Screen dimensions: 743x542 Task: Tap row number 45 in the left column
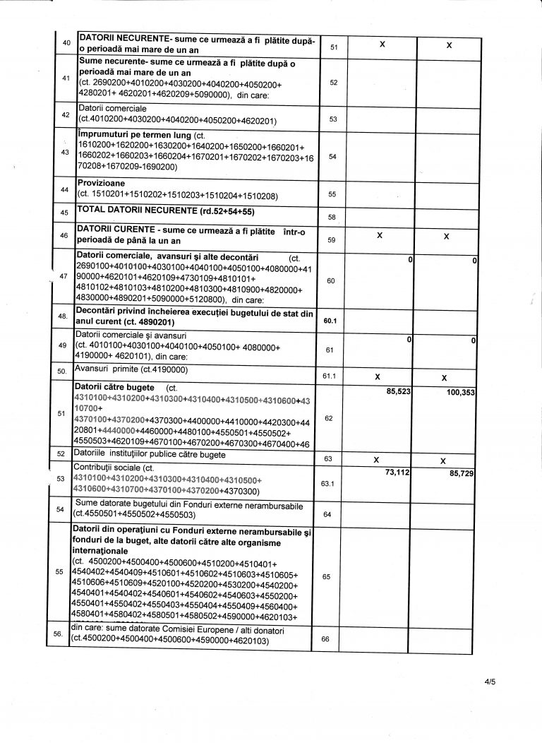point(65,212)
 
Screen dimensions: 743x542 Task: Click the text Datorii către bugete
point(114,388)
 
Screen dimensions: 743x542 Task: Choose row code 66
point(325,638)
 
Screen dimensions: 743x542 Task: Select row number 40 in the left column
point(66,43)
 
